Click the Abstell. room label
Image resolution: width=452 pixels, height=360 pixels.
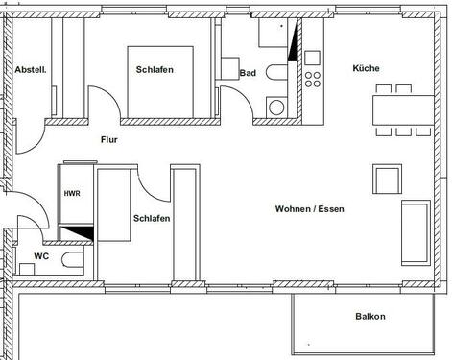32,69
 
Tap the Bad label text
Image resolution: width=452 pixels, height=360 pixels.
248,72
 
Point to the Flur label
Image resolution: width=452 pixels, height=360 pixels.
110,139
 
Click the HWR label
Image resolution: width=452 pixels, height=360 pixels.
72,194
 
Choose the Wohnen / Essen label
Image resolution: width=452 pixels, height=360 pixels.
309,208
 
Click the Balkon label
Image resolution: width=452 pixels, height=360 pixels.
369,316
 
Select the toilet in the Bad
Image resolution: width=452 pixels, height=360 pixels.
276,73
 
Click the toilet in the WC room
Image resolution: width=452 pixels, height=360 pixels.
71,261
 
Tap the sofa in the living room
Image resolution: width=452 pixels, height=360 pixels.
416,232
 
